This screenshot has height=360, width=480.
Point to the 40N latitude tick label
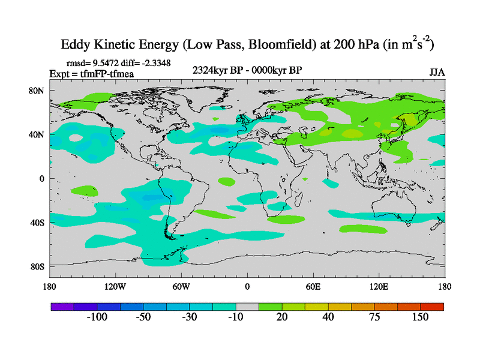tap(40, 135)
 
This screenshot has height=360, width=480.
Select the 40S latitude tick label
tap(40, 223)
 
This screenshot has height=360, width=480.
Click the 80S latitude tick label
tap(40, 266)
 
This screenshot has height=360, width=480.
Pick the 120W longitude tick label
tap(115, 286)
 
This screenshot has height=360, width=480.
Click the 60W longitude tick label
tap(181, 286)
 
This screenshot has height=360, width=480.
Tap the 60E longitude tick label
tap(313, 286)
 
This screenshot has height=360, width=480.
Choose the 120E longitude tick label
tap(379, 286)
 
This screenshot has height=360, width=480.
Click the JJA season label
tap(437, 72)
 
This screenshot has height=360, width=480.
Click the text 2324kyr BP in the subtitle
tap(217, 70)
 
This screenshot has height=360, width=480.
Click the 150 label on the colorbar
tap(420, 317)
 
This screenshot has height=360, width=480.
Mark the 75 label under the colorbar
tap(374, 317)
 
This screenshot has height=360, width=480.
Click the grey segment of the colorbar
tap(247, 306)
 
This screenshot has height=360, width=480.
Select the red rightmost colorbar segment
tap(432, 306)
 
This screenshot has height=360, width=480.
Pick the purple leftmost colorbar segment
tap(62, 306)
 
